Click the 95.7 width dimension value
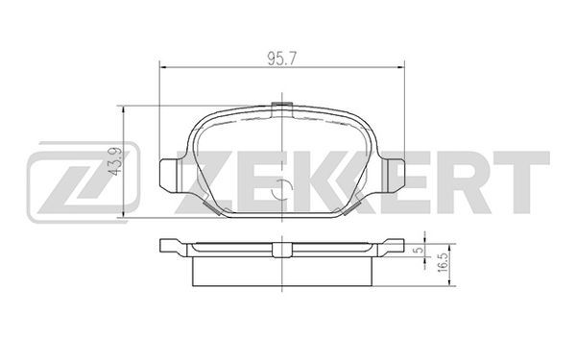(x=281, y=59)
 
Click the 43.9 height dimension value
(x=117, y=162)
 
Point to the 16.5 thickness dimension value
(x=443, y=262)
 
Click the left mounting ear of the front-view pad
(x=170, y=176)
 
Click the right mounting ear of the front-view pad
(x=394, y=176)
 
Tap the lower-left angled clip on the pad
(x=211, y=207)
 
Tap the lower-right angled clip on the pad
(x=351, y=207)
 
